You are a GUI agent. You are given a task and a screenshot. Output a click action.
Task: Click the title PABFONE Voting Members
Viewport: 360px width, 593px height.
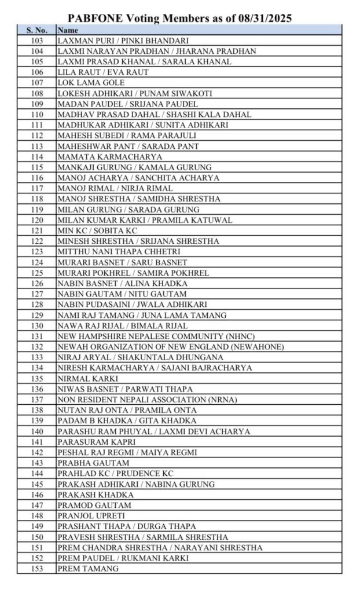(x=180, y=19)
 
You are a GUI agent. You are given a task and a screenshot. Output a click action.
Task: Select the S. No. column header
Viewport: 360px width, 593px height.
(x=36, y=30)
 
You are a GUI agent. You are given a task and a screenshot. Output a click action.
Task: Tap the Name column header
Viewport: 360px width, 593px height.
(x=68, y=30)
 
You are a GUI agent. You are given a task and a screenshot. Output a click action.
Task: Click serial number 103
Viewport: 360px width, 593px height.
(x=36, y=41)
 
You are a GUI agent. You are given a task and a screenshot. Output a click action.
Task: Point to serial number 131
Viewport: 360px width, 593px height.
(x=36, y=336)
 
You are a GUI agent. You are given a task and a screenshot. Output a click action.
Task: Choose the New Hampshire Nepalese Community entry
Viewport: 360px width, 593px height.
(x=156, y=336)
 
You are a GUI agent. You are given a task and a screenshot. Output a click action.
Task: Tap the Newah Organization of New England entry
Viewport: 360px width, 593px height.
(x=170, y=346)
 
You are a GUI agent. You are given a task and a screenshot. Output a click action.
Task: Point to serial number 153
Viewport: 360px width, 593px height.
(x=36, y=569)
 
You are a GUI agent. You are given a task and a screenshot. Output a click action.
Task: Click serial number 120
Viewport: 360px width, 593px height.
(x=36, y=220)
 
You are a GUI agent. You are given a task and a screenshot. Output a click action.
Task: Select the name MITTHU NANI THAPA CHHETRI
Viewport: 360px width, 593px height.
(x=119, y=251)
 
